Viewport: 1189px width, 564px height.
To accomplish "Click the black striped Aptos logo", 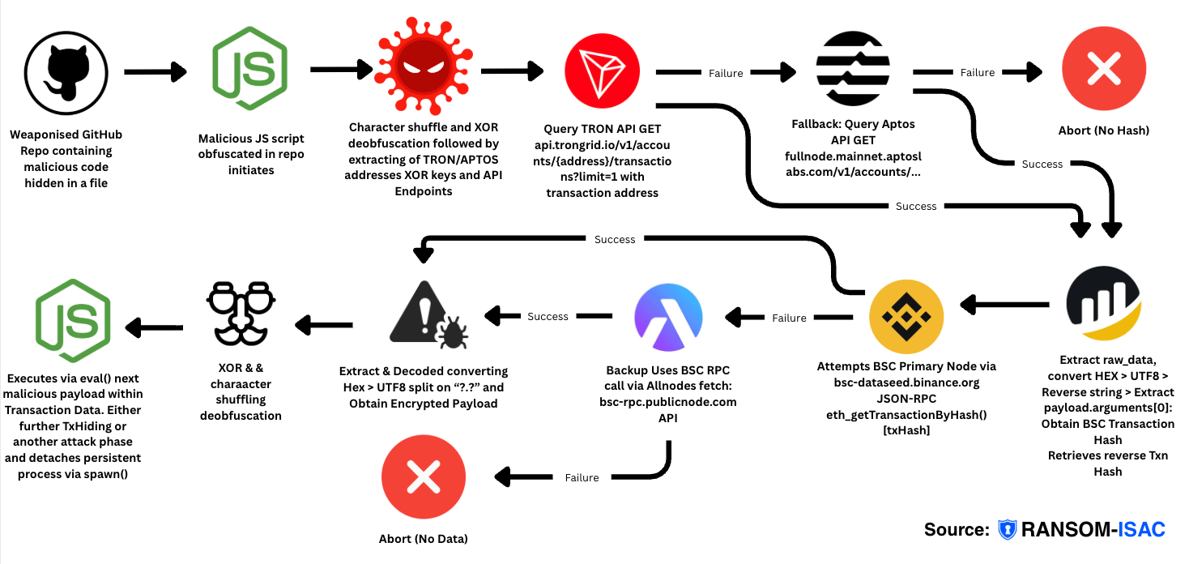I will click(854, 71).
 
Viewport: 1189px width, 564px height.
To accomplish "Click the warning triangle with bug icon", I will click(423, 314).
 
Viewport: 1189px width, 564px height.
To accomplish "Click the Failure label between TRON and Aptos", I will click(725, 73).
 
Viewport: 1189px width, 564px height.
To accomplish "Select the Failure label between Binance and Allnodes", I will click(788, 318).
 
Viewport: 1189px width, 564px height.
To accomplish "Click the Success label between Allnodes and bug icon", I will click(548, 316).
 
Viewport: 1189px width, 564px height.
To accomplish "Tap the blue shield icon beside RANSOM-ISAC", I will click(1007, 529).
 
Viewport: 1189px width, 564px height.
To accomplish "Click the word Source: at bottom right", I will click(956, 529).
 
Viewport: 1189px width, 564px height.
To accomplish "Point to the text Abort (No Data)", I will click(423, 538).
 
